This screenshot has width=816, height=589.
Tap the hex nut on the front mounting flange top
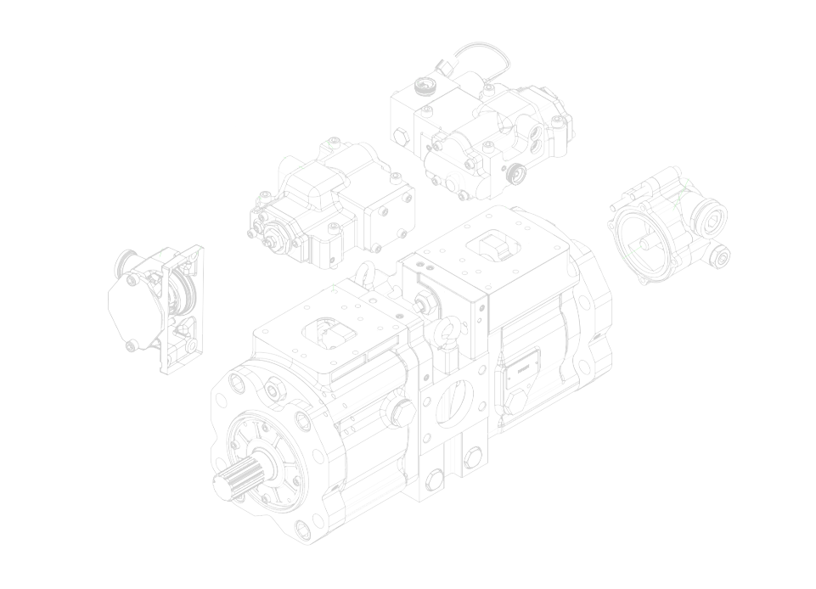tap(274, 390)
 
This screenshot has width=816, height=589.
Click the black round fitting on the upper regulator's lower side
tap(513, 174)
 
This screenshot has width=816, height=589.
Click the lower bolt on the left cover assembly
tap(131, 345)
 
